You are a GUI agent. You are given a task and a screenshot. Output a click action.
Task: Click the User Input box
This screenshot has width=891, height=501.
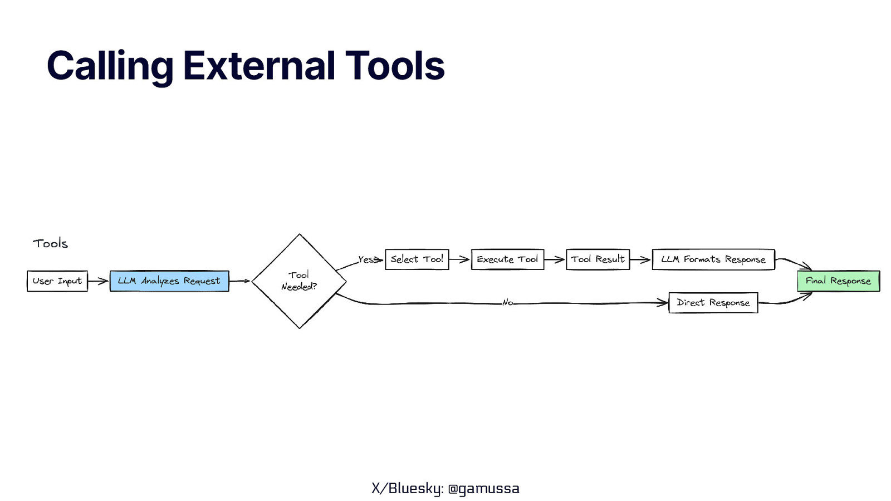(57, 281)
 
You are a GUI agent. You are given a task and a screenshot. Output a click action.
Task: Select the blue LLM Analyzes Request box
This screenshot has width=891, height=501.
(169, 281)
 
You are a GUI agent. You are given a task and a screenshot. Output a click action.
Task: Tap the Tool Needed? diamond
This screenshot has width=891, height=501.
(299, 281)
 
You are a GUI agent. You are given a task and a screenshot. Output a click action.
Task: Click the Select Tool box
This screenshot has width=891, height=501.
(417, 259)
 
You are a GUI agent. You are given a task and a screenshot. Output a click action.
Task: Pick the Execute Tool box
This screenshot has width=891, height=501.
(507, 259)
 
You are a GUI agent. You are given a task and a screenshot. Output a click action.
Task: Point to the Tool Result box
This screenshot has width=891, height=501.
(598, 259)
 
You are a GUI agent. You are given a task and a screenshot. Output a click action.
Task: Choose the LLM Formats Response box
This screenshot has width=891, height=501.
(713, 259)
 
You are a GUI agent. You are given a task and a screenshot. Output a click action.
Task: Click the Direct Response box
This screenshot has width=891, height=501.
(713, 303)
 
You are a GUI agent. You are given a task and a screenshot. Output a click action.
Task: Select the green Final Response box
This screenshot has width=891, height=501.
(838, 281)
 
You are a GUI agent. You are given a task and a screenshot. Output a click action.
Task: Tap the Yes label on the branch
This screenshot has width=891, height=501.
(366, 259)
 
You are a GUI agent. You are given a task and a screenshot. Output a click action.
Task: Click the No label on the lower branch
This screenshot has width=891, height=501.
(507, 303)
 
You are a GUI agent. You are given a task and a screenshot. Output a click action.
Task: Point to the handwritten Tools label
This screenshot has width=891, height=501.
(50, 243)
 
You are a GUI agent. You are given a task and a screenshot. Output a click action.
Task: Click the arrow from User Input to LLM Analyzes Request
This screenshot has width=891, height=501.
(98, 281)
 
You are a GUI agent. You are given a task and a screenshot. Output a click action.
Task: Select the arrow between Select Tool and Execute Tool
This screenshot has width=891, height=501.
(459, 259)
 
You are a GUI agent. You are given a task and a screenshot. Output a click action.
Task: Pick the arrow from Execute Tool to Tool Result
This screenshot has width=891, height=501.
(555, 259)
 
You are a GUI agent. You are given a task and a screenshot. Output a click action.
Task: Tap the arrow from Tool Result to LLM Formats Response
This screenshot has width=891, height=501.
(640, 259)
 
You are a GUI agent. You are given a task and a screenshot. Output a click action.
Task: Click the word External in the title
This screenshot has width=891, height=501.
(259, 66)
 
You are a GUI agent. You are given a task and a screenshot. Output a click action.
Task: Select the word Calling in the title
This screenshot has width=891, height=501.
(110, 66)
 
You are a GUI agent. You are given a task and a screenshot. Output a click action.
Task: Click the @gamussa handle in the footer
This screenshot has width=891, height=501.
(483, 488)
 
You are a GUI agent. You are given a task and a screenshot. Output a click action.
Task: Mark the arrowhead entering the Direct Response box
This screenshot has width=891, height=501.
(663, 303)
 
